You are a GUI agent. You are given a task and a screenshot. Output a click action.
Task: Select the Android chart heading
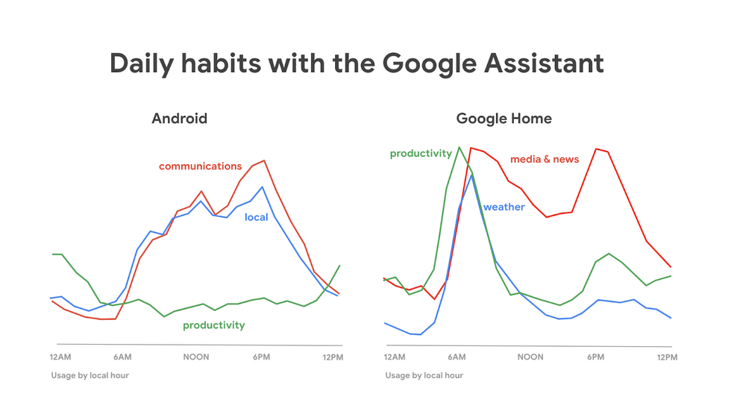click(179, 119)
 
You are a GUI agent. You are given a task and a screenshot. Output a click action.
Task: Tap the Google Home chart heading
click(504, 119)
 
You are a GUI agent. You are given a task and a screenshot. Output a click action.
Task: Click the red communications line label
click(200, 166)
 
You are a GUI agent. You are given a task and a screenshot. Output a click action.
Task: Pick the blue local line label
click(256, 218)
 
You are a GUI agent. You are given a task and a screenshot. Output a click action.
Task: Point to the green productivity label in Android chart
click(213, 325)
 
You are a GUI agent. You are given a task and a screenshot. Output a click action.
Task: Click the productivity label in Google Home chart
click(421, 154)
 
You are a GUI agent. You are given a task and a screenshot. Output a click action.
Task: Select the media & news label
click(545, 159)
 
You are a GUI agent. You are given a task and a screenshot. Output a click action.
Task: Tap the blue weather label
click(504, 207)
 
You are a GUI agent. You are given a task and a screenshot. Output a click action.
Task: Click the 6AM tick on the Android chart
click(123, 357)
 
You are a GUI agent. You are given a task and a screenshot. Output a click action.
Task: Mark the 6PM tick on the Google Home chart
click(595, 357)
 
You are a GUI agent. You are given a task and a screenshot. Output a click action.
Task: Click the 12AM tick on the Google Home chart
click(395, 357)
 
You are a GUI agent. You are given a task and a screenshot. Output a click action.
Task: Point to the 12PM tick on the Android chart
click(333, 357)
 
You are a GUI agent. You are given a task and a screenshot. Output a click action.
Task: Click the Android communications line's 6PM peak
click(264, 160)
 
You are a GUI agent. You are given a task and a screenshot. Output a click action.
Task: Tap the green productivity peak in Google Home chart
click(459, 147)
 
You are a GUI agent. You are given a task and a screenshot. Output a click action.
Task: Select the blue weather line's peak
click(471, 175)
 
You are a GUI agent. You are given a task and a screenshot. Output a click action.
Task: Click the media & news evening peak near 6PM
click(597, 148)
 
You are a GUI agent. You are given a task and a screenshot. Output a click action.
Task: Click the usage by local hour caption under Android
click(90, 375)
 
